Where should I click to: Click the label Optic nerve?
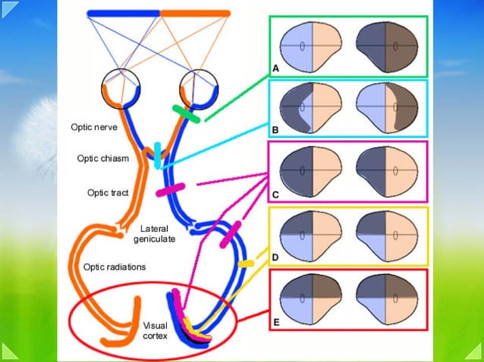pyautogui.click(x=94, y=128)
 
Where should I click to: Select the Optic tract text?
pyautogui.click(x=108, y=192)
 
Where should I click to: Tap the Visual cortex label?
pyautogui.click(x=155, y=329)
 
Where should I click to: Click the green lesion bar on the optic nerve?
pyautogui.click(x=187, y=114)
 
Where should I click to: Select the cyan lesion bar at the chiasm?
pyautogui.click(x=158, y=155)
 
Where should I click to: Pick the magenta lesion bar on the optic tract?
pyautogui.click(x=171, y=189)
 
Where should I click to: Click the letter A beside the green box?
pyautogui.click(x=275, y=69)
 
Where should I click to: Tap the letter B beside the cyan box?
pyautogui.click(x=275, y=131)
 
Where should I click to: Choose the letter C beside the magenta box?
pyautogui.click(x=275, y=195)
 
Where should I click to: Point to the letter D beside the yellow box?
pyautogui.click(x=275, y=258)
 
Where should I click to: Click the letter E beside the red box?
pyautogui.click(x=275, y=323)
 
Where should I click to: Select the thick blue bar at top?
pyautogui.click(x=123, y=13)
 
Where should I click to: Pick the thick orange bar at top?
pyautogui.click(x=195, y=13)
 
